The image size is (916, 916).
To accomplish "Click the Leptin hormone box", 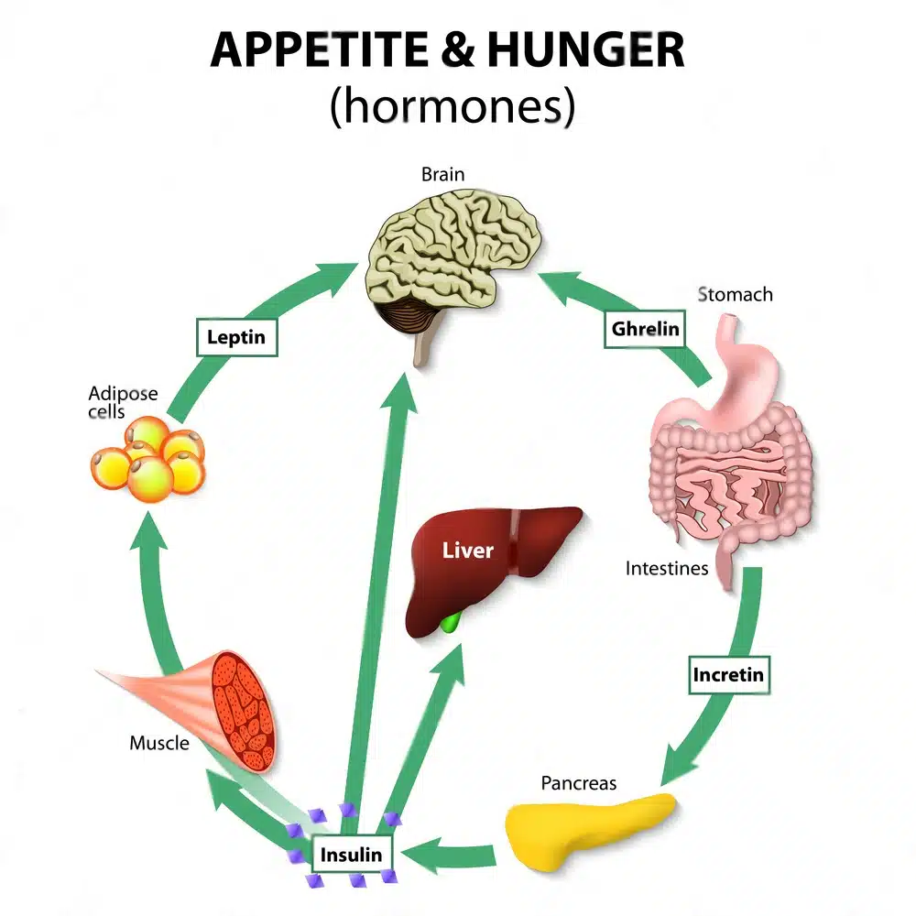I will pyautogui.click(x=236, y=336).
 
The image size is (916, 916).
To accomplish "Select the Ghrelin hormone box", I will pyautogui.click(x=645, y=329).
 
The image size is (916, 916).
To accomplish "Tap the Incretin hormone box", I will pyautogui.click(x=728, y=676).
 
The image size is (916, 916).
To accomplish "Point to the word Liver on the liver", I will pyautogui.click(x=468, y=551).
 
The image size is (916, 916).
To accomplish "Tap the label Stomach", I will pyautogui.click(x=735, y=295).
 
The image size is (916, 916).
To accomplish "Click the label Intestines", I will pyautogui.click(x=667, y=568).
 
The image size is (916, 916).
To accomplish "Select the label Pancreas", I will pyautogui.click(x=578, y=783).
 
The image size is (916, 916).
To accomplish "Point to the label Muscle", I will pyautogui.click(x=159, y=742).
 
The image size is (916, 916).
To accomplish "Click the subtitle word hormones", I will pyautogui.click(x=453, y=107).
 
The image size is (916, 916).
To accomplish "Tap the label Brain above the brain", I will pyautogui.click(x=442, y=174).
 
